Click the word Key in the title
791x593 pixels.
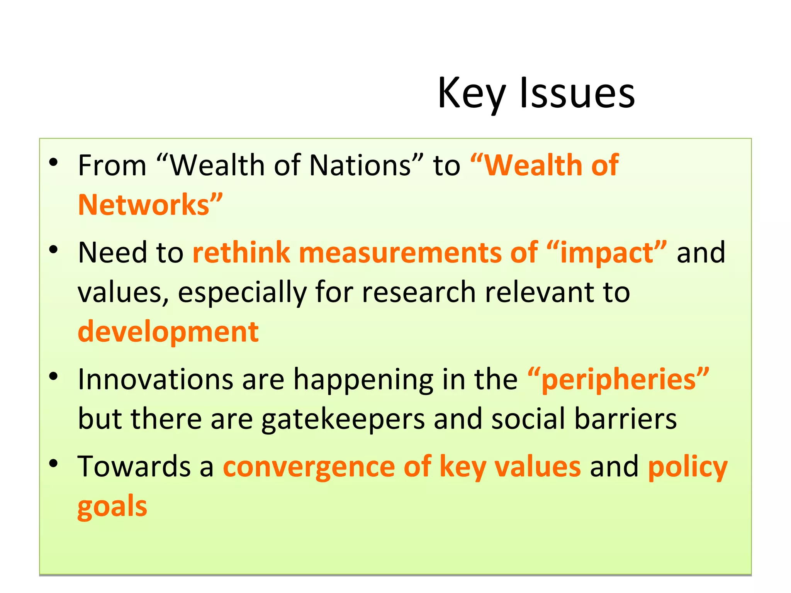click(471, 94)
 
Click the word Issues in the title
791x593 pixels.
click(577, 94)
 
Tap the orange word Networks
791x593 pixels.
click(150, 205)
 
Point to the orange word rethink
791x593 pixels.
click(241, 253)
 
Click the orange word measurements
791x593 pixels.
click(400, 253)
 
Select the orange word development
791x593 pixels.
click(168, 332)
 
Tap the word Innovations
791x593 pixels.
click(156, 379)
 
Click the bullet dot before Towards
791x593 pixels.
click(53, 463)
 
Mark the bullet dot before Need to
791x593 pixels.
click(53, 250)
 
